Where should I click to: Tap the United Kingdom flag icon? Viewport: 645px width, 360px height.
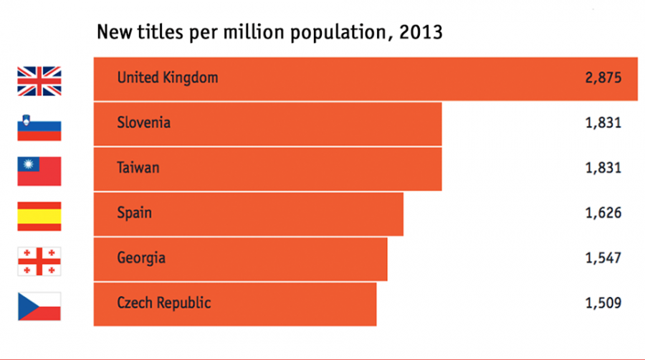click(x=39, y=81)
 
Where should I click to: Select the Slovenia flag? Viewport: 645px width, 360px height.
click(x=39, y=126)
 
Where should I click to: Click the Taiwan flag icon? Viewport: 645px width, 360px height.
click(x=39, y=171)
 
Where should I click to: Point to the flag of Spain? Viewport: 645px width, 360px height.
click(x=39, y=216)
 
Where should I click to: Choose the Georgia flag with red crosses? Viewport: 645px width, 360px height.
click(x=39, y=261)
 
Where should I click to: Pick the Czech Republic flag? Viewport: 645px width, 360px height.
click(x=39, y=306)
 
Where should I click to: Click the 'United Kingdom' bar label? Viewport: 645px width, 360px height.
click(x=167, y=77)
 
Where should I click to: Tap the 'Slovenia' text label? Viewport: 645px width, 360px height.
click(x=143, y=123)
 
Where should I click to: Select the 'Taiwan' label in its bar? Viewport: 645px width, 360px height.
click(x=138, y=168)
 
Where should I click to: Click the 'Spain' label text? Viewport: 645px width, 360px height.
click(x=134, y=213)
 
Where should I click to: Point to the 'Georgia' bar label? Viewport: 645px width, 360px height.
click(x=141, y=257)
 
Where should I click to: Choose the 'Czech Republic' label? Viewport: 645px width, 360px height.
click(x=163, y=303)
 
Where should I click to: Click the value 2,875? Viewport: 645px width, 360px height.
click(x=602, y=77)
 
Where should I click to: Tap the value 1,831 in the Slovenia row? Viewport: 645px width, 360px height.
click(x=602, y=123)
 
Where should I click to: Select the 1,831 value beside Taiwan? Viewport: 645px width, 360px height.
click(x=602, y=168)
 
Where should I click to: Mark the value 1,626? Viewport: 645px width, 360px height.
click(x=602, y=213)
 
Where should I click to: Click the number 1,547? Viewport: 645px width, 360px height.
click(x=602, y=257)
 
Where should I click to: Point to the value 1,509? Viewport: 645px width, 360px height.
click(x=602, y=303)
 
